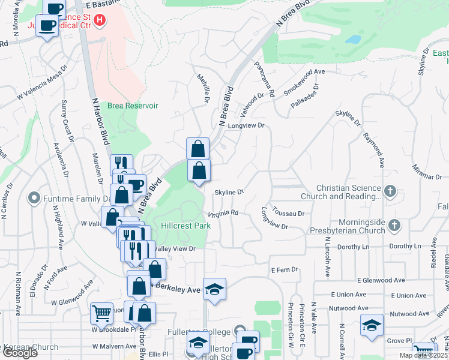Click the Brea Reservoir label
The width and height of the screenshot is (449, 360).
(132, 106)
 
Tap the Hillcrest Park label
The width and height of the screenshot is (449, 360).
(186, 226)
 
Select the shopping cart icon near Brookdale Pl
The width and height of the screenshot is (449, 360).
(101, 313)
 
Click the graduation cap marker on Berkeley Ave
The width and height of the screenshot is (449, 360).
(214, 289)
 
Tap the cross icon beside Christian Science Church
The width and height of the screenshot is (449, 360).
(390, 191)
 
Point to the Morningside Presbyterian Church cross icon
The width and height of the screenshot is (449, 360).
(394, 226)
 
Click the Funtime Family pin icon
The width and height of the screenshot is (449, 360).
(34, 197)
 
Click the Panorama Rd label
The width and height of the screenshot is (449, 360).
(264, 80)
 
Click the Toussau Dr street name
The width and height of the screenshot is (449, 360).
(288, 213)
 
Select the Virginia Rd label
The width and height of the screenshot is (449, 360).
(223, 213)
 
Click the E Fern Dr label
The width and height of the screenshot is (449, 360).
(285, 270)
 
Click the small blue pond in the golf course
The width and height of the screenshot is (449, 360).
(353, 40)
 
